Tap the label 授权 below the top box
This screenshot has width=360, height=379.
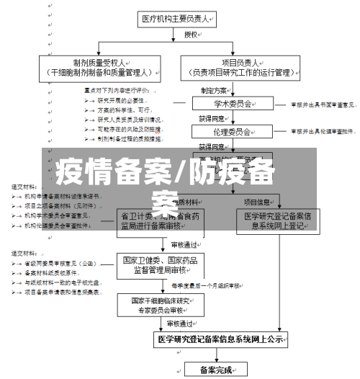click(191, 34)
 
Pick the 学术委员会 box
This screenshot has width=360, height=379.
click(222, 104)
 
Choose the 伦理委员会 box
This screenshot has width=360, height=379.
click(222, 131)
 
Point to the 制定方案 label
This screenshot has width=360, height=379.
click(214, 90)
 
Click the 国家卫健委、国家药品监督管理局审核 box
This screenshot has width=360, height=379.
click(161, 265)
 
